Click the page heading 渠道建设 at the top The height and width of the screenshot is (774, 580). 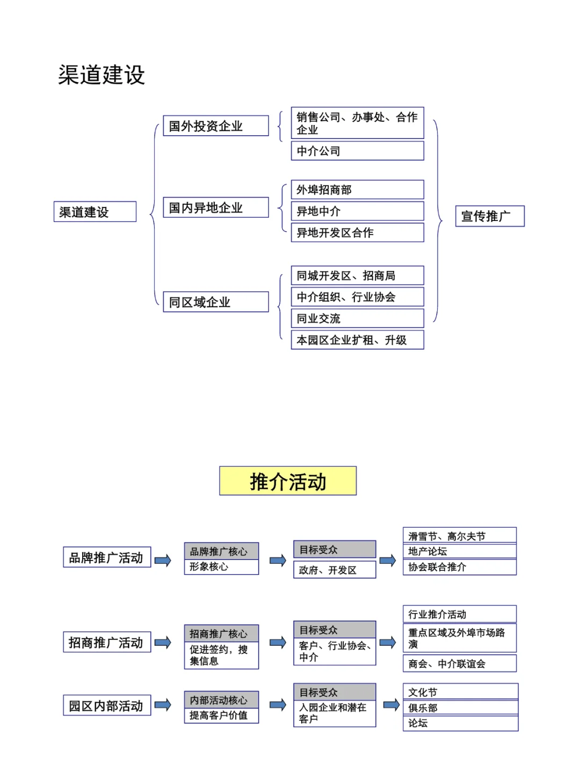102,75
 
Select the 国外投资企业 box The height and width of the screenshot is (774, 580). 215,126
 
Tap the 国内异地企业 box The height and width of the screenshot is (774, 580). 215,208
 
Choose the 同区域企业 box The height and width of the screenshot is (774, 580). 215,302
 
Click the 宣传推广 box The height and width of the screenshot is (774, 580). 489,216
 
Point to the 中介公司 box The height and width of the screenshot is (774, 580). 357,151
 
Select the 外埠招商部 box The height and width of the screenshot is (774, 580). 357,190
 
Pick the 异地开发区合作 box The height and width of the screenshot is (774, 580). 357,233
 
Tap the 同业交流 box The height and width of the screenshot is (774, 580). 357,319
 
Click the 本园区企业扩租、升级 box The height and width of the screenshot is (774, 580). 357,340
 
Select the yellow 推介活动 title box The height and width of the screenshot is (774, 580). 288,481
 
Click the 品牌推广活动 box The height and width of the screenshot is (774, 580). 107,557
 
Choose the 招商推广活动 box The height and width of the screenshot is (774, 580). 107,642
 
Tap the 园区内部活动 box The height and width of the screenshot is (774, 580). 107,705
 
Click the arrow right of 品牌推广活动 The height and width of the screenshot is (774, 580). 163,561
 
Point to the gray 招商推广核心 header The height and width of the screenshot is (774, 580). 221,633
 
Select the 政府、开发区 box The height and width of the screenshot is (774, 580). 334,570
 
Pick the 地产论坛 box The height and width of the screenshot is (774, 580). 459,551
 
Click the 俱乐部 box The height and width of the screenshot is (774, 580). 460,707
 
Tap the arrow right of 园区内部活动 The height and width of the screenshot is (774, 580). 163,705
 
